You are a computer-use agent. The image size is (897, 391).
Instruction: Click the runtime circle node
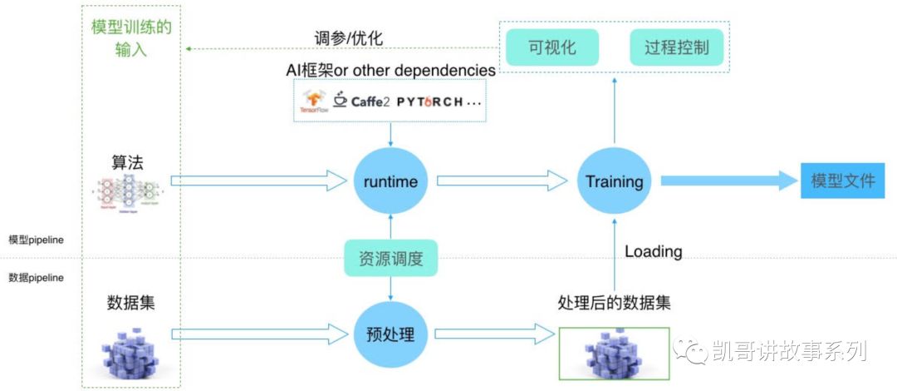click(x=390, y=181)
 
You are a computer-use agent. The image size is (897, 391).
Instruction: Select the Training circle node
click(x=614, y=181)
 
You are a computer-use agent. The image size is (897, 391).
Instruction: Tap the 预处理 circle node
click(x=390, y=334)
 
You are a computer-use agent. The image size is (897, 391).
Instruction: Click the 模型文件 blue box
click(x=842, y=181)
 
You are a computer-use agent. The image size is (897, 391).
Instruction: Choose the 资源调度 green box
click(x=390, y=259)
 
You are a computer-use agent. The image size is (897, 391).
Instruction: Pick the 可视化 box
click(x=552, y=47)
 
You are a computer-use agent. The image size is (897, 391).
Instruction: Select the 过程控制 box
click(x=677, y=47)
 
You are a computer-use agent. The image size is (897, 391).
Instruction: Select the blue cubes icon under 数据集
click(x=130, y=350)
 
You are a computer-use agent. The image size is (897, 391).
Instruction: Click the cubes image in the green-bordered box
click(x=614, y=354)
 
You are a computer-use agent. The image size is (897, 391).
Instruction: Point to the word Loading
click(x=653, y=251)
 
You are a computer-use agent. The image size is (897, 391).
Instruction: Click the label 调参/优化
click(x=349, y=38)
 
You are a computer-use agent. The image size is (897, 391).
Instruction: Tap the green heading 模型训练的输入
click(x=131, y=38)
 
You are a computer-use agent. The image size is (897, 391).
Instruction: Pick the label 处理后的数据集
click(x=614, y=304)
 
